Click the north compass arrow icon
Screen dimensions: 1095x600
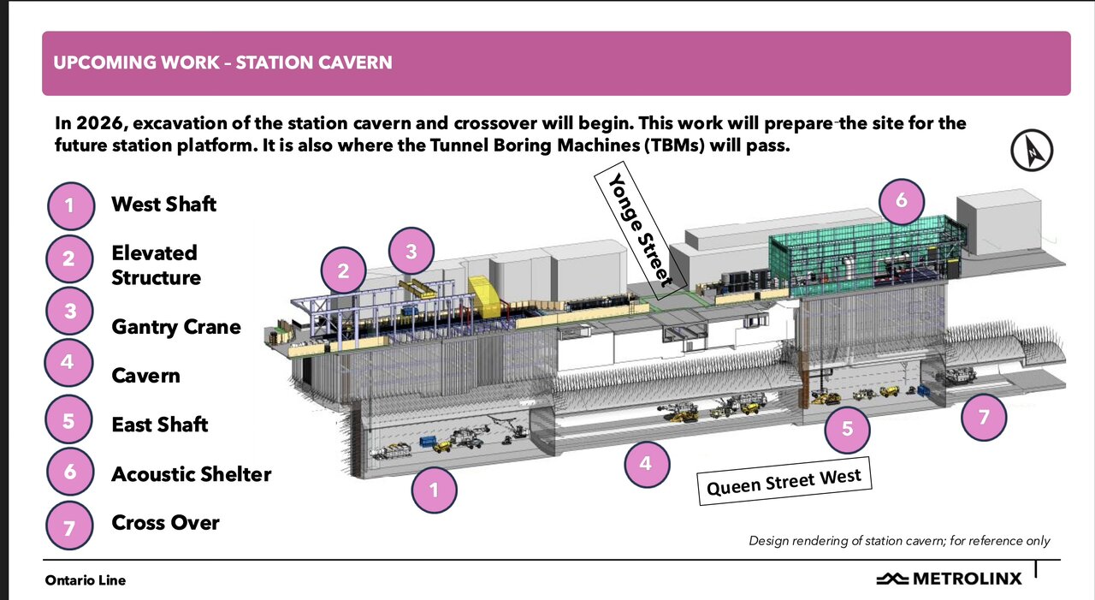[1032, 150]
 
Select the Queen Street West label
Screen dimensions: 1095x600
[784, 481]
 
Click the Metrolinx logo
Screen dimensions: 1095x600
[949, 579]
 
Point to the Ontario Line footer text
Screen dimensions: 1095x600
[85, 580]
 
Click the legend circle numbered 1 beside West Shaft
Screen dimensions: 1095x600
[70, 206]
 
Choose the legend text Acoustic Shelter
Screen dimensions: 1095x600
[191, 474]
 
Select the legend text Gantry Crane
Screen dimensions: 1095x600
[176, 327]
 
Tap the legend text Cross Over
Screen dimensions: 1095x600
[165, 522]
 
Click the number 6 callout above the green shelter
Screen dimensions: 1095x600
[902, 201]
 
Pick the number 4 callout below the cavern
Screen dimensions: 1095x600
[647, 464]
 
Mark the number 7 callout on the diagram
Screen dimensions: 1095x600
[984, 417]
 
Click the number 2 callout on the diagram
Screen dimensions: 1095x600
[343, 270]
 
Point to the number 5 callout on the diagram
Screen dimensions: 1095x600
[847, 429]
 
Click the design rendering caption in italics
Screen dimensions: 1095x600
[899, 540]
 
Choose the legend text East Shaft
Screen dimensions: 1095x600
[160, 425]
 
